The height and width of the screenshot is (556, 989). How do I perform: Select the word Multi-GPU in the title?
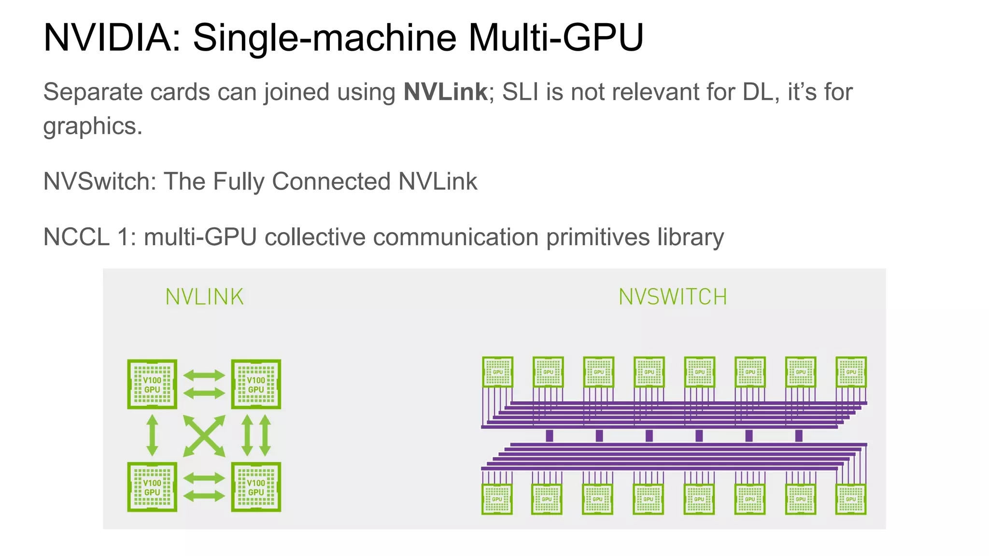click(x=555, y=38)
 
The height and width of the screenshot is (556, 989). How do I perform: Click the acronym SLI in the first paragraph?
click(x=520, y=92)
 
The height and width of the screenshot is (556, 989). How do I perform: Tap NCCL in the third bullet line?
click(x=76, y=237)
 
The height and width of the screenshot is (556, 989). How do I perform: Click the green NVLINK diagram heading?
click(x=204, y=297)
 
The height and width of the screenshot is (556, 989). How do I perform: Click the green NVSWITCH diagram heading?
click(x=673, y=297)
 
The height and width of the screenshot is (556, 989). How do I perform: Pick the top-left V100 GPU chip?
click(x=152, y=384)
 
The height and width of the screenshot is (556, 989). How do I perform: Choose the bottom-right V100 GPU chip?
click(x=256, y=487)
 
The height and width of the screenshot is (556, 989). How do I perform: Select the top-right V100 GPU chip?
click(x=256, y=384)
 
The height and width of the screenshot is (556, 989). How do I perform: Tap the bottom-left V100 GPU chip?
click(x=152, y=487)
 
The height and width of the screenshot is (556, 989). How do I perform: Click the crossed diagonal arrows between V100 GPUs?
click(x=204, y=436)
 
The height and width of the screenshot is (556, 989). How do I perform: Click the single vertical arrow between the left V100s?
click(x=152, y=435)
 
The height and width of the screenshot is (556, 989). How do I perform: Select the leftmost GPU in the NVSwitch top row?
click(x=497, y=372)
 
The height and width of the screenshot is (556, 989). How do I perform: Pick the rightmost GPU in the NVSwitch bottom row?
click(x=850, y=499)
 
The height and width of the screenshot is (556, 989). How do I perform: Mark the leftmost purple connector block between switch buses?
click(x=549, y=436)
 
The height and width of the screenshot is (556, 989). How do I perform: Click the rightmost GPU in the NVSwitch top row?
click(x=851, y=372)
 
